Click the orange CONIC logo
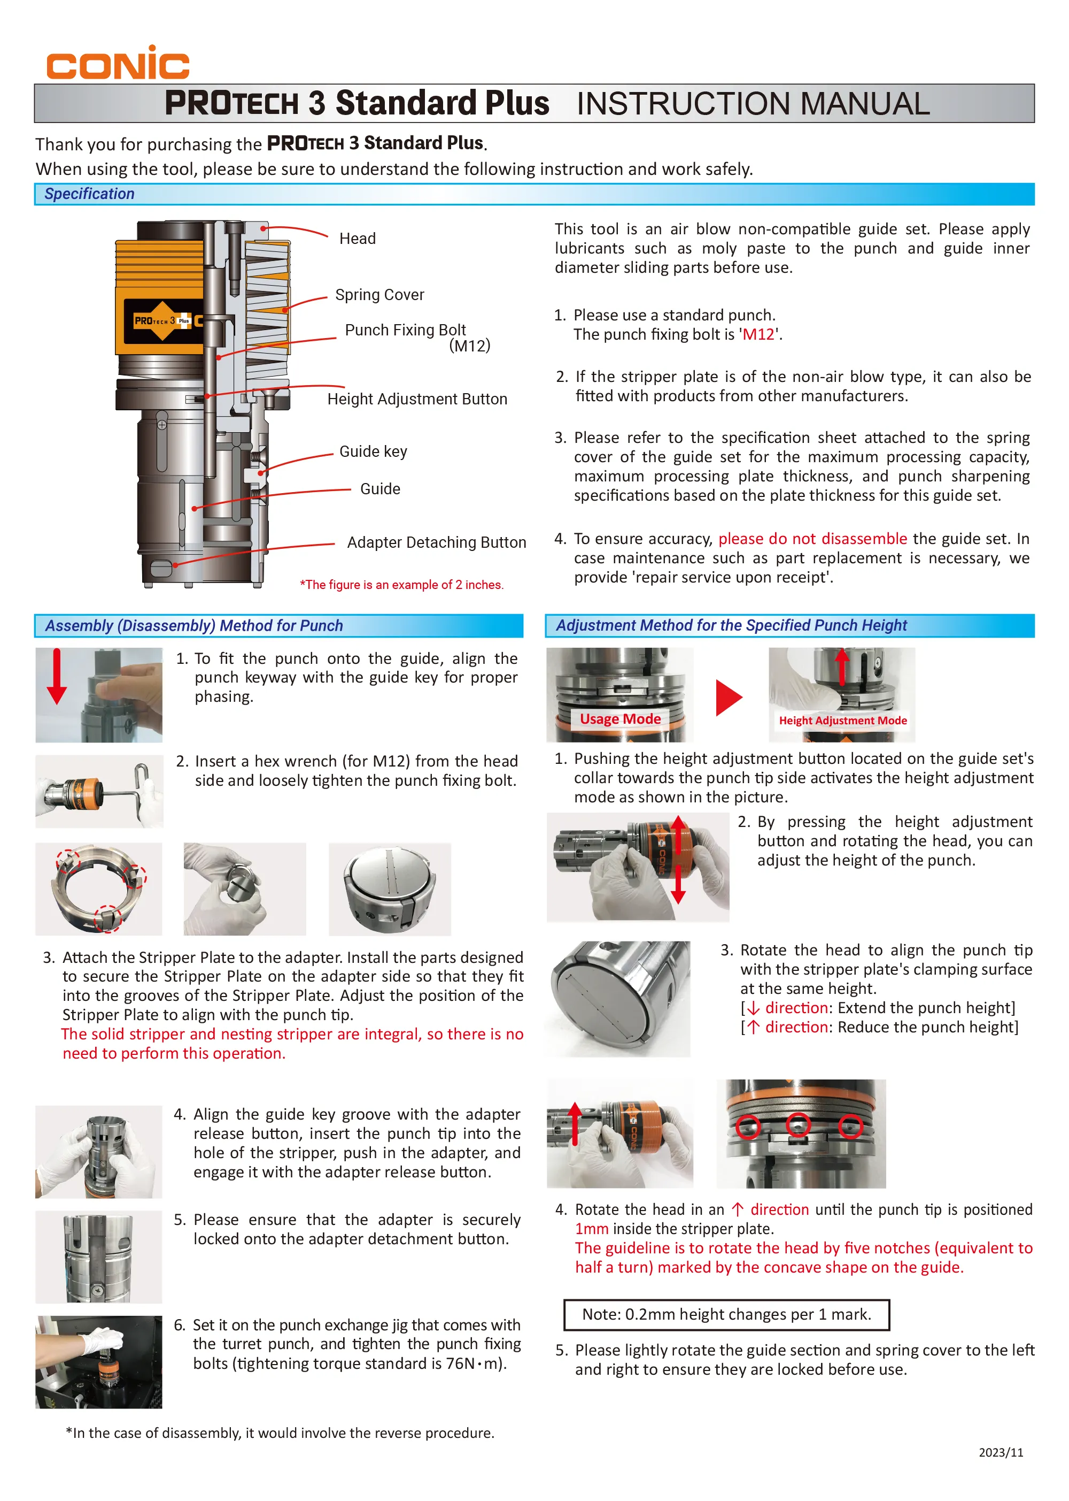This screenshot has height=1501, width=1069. tap(117, 64)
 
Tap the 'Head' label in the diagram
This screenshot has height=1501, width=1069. tap(358, 239)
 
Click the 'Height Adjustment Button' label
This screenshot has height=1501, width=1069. tap(417, 400)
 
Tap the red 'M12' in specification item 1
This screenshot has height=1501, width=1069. tap(758, 334)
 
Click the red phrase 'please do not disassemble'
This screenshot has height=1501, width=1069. tap(812, 539)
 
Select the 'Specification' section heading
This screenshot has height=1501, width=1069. tap(89, 194)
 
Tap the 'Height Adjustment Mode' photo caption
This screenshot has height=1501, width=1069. tap(842, 721)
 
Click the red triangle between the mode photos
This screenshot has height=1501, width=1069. tap(728, 698)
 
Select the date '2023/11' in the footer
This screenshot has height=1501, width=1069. tap(1001, 1452)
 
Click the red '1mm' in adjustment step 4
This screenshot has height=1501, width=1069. tap(591, 1229)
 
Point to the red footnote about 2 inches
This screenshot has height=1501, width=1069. tap(401, 585)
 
